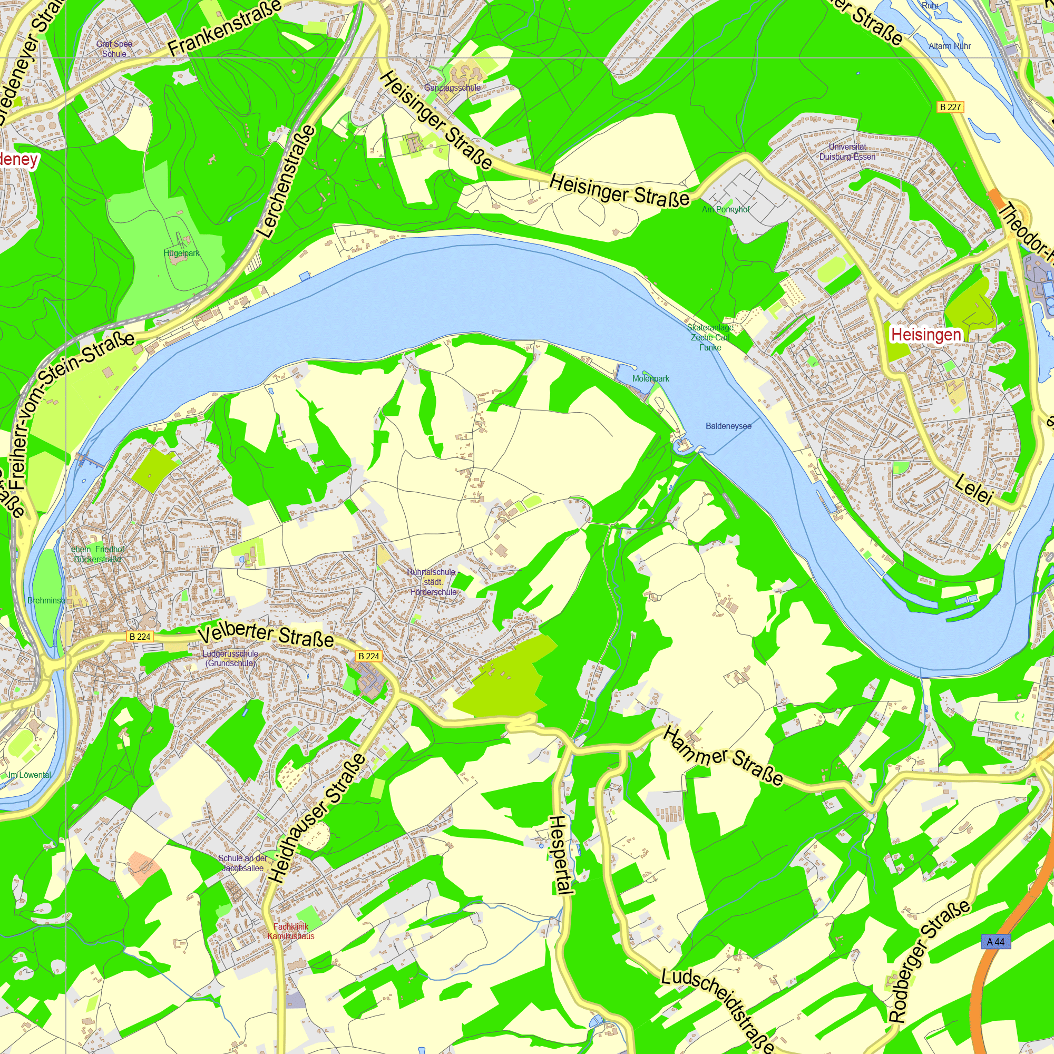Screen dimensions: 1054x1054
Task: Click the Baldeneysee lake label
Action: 728,426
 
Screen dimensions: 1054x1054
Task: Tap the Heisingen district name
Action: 926,335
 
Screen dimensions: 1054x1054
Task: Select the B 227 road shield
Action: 950,107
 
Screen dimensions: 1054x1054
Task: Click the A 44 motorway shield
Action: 995,942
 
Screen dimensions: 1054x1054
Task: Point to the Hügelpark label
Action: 182,253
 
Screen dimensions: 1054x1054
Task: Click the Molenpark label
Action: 650,378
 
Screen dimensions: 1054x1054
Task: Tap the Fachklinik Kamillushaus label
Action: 291,931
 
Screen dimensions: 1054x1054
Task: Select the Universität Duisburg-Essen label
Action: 847,152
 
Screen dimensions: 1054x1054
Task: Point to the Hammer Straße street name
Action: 724,756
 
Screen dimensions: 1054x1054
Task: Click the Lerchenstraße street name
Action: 287,182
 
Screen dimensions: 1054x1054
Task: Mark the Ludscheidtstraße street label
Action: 717,1010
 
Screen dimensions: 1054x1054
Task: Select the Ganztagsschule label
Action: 452,88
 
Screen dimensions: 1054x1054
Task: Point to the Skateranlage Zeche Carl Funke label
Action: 710,337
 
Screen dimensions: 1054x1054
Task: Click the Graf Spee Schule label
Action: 114,49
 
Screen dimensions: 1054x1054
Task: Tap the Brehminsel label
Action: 46,600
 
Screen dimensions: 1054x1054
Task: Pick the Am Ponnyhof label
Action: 726,210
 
